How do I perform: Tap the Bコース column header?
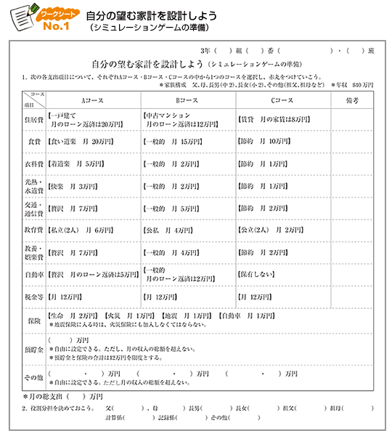pos(187,100)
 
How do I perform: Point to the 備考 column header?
pos(353,100)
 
